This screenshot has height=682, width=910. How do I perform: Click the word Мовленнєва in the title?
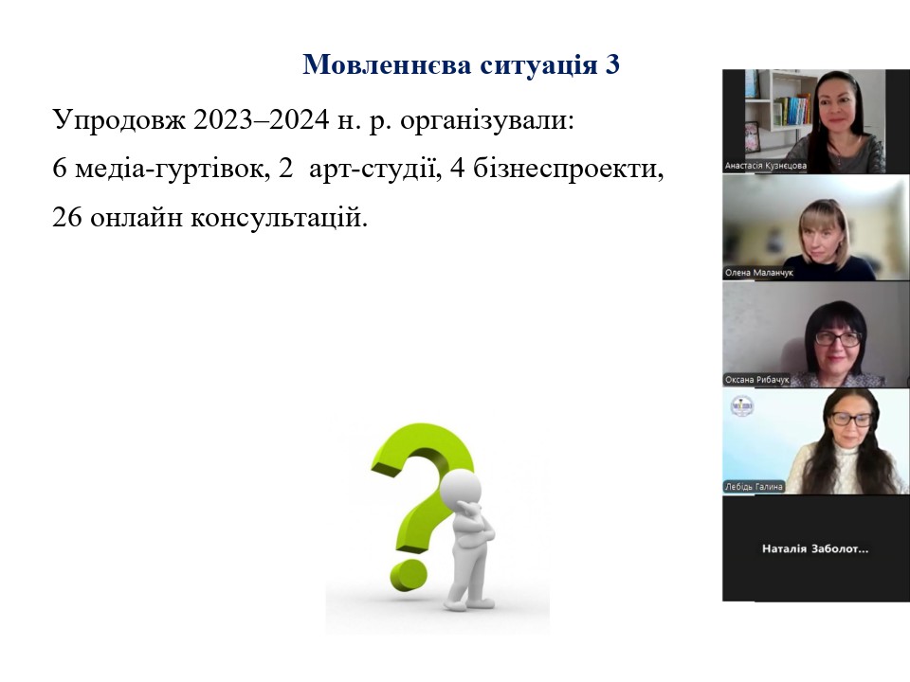[x=387, y=63]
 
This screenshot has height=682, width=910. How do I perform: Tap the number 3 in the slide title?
[x=612, y=63]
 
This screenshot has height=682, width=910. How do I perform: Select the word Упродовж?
[x=119, y=121]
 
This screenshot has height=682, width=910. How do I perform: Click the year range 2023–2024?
[x=262, y=120]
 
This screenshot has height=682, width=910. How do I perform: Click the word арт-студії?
[x=372, y=170]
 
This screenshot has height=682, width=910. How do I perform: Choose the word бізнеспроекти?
[x=568, y=170]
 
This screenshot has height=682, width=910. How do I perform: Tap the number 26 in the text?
[x=66, y=218]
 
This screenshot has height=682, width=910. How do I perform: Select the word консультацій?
[x=279, y=219]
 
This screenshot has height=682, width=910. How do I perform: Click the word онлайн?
[x=136, y=219]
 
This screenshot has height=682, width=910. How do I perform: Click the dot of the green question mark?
[x=409, y=575]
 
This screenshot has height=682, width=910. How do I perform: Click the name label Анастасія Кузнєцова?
[x=766, y=166]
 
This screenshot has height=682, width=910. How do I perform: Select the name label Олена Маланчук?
[x=758, y=273]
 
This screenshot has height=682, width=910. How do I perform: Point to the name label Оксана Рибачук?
[x=756, y=380]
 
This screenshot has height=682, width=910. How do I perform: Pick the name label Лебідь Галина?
[x=754, y=487]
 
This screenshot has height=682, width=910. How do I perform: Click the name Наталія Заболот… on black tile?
[x=815, y=548]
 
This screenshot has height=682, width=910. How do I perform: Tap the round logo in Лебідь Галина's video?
[x=741, y=406]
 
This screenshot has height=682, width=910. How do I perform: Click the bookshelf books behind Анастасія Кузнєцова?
[x=792, y=110]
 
